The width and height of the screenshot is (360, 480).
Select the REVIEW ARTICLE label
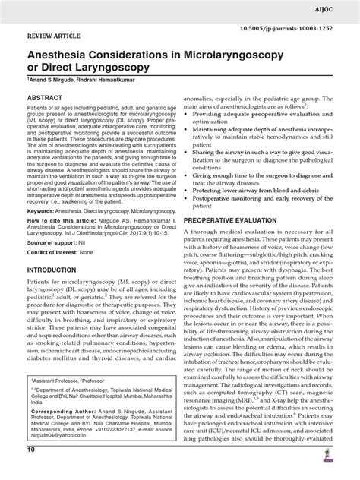point(55,35)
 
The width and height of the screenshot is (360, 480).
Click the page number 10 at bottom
point(31,472)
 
